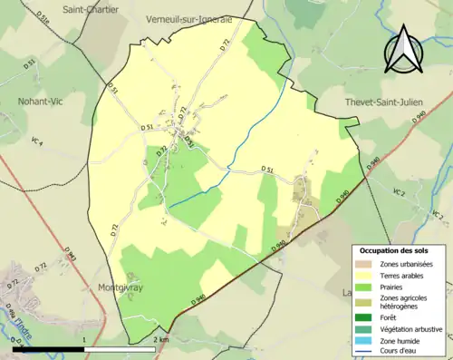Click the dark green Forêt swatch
point(368,316)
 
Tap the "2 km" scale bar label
point(160,339)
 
